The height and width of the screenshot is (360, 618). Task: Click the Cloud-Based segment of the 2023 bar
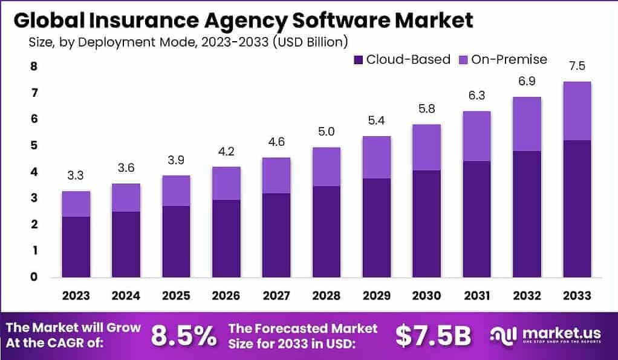[76, 247]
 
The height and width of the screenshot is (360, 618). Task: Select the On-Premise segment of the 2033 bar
[576, 111]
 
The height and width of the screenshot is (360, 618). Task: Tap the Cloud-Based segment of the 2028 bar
[326, 232]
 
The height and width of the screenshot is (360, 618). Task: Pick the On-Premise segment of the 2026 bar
[226, 183]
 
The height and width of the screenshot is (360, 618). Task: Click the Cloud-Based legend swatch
[357, 60]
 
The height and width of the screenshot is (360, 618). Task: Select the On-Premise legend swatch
[464, 60]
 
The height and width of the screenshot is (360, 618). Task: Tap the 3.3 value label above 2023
[76, 176]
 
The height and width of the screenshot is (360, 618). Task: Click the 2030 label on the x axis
[426, 295]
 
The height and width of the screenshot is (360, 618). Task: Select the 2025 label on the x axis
[176, 295]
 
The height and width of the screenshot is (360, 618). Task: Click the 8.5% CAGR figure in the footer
[183, 336]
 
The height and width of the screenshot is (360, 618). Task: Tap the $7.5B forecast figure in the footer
[432, 336]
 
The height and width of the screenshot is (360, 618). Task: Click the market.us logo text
[554, 333]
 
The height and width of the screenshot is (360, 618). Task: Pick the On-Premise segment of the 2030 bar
[426, 147]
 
